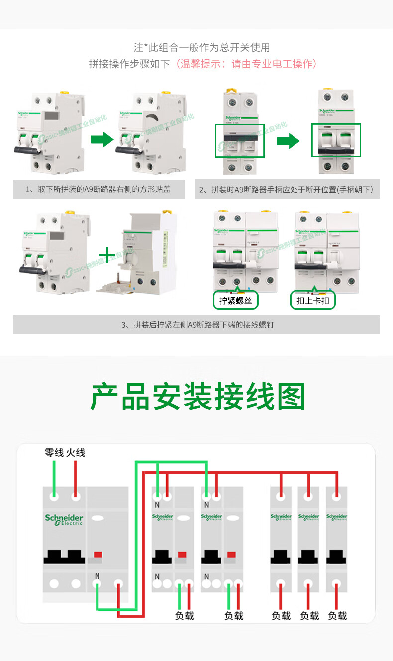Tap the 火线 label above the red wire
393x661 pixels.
[x=76, y=453]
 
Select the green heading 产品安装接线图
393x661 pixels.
[x=197, y=397]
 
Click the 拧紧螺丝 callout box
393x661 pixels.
[x=236, y=300]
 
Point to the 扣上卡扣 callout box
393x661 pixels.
[x=313, y=300]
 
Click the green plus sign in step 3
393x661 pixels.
[x=107, y=256]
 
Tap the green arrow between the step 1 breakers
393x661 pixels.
[x=102, y=140]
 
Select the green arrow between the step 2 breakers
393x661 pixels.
[x=288, y=141]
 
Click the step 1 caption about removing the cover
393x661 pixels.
[x=98, y=189]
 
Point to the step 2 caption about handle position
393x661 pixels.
[x=287, y=189]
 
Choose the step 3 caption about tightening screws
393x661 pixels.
[x=196, y=325]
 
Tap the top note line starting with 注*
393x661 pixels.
[x=201, y=47]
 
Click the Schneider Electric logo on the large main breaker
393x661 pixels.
[x=64, y=520]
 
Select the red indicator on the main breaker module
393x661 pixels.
[x=98, y=554]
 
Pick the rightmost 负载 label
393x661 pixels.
[x=337, y=616]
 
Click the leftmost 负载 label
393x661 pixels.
[x=184, y=616]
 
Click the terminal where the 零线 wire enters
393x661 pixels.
[x=54, y=496]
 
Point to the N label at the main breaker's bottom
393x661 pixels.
[x=97, y=576]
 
